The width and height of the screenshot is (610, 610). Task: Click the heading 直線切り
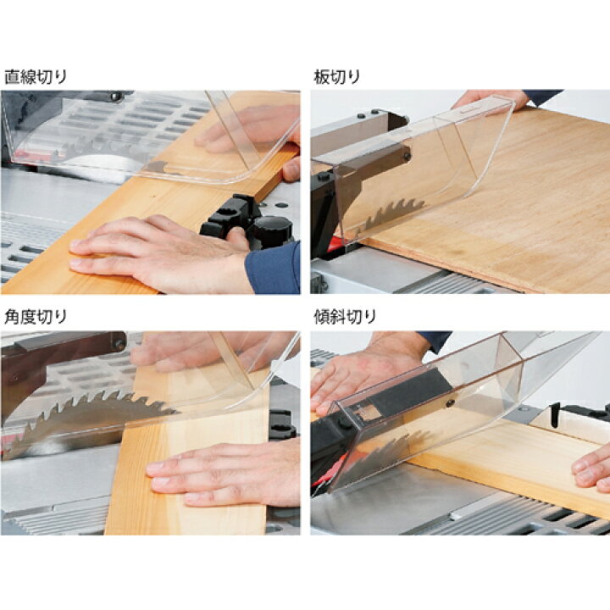35,77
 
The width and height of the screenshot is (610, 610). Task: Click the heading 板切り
337,77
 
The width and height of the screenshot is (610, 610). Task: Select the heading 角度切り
35,317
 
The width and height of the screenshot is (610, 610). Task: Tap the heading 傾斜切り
345,317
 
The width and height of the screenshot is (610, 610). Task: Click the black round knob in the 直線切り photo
273,230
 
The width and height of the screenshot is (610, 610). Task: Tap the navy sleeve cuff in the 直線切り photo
273,269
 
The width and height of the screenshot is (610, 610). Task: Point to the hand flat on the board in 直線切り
159,252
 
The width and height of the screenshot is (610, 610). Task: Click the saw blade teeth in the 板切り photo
393,214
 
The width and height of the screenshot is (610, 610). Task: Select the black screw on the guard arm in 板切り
407,157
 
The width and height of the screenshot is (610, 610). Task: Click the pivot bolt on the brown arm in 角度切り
119,345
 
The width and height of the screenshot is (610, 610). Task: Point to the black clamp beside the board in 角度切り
282,424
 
